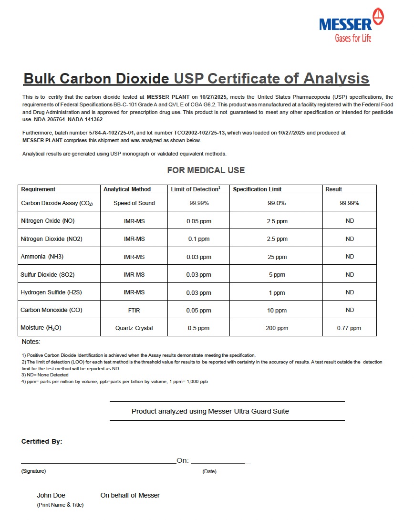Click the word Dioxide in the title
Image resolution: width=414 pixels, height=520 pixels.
click(x=143, y=79)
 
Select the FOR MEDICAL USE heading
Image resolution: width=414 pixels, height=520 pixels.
click(x=206, y=170)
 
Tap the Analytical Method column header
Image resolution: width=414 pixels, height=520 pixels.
click(x=127, y=189)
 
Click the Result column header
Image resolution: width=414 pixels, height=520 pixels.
click(x=333, y=189)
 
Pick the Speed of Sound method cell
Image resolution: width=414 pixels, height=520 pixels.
click(x=134, y=203)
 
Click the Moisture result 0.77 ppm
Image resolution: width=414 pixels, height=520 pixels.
click(x=349, y=328)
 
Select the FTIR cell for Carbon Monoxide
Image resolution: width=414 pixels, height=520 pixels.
click(x=134, y=310)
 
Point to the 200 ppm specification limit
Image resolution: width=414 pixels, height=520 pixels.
click(x=277, y=328)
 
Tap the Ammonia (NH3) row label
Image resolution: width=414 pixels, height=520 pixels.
click(x=42, y=257)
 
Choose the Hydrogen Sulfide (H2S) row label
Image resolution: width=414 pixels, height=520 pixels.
click(x=51, y=292)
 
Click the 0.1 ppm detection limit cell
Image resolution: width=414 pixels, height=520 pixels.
click(x=198, y=239)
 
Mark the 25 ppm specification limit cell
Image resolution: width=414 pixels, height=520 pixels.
click(x=277, y=257)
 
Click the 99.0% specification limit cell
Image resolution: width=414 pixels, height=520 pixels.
click(x=277, y=203)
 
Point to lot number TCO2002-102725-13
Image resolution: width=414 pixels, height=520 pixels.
click(x=195, y=133)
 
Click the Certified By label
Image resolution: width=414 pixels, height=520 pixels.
click(x=41, y=442)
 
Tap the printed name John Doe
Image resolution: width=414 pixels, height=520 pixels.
click(x=51, y=495)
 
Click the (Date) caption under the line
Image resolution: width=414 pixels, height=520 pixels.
click(x=209, y=471)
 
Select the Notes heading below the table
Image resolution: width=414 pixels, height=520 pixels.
click(x=31, y=342)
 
